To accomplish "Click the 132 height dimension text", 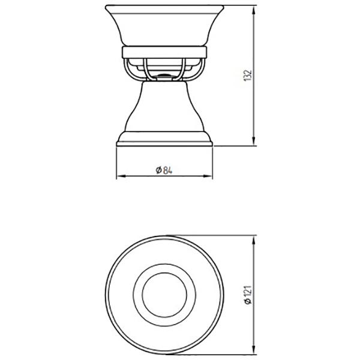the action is [x=247, y=75].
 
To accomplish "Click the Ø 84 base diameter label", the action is [x=164, y=170].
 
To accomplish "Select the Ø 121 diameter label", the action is [x=248, y=295].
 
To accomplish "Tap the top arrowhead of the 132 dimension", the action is [x=253, y=10].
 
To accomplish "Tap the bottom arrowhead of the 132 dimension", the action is [x=253, y=141].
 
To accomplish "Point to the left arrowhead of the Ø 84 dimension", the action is [x=121, y=176].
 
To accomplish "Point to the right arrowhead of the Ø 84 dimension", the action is [x=208, y=176].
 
